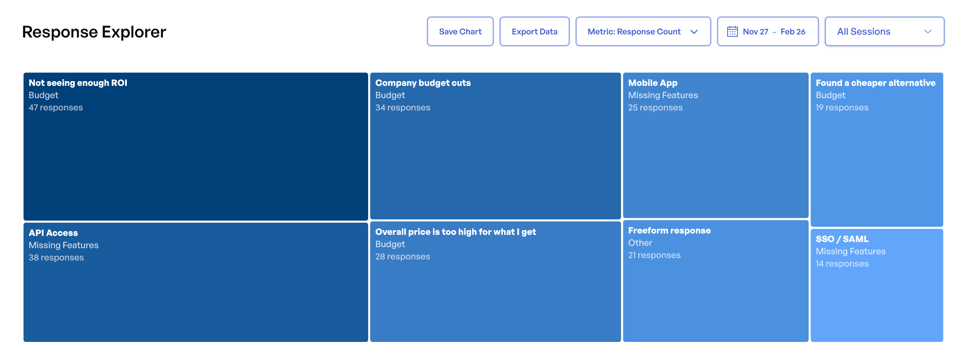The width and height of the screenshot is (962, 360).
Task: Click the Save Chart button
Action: pos(460,32)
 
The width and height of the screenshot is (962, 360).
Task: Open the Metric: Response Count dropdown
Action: pos(642,32)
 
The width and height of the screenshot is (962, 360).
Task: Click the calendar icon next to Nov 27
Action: pos(732,32)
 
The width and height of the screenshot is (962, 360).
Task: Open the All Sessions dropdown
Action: pos(884,32)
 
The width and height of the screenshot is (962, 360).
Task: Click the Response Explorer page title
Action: pos(94,32)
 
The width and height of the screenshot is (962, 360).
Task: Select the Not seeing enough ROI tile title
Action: pos(78,83)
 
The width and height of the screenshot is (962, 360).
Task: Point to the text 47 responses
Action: pos(56,107)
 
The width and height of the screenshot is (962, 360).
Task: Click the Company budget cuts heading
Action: pos(423,83)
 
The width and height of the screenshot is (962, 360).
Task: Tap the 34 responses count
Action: pos(403,107)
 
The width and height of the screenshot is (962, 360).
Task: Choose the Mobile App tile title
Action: pos(652,83)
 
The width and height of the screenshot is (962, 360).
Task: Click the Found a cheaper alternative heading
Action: pos(875,83)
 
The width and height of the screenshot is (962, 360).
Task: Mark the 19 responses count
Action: pos(842,107)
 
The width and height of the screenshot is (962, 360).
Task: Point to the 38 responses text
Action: pos(56,258)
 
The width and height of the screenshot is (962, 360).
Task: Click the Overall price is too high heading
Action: pos(455,232)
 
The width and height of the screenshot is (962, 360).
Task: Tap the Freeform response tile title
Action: pos(669,230)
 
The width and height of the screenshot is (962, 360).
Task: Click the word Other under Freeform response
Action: pos(640,243)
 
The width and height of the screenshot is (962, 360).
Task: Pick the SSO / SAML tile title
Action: pos(842,239)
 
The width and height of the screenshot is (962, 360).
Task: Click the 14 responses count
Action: pos(842,264)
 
